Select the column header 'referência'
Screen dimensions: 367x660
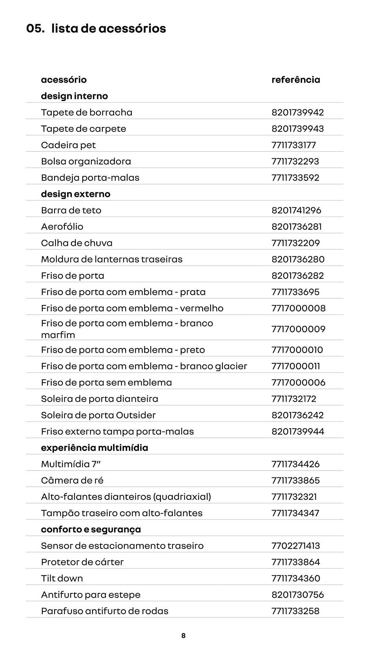tap(295, 80)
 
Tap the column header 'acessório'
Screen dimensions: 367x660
tap(64, 80)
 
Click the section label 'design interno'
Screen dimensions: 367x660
tap(74, 96)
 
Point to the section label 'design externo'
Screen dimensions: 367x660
tap(76, 194)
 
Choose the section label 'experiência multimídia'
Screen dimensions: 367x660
tap(94, 448)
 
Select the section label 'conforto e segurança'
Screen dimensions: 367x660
tap(91, 529)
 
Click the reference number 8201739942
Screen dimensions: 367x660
tap(297, 113)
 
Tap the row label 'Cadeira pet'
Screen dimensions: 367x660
tap(68, 145)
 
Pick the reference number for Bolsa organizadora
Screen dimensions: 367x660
tap(295, 161)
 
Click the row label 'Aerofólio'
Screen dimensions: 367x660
tap(62, 227)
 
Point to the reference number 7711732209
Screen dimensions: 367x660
tap(295, 243)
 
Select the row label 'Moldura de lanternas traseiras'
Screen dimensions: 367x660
tap(111, 259)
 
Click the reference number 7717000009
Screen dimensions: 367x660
tap(298, 329)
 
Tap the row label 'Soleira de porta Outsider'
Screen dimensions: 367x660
tap(98, 415)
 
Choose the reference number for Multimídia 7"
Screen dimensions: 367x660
tap(295, 464)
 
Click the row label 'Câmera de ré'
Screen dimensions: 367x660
tap(72, 480)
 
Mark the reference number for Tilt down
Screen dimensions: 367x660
tap(296, 578)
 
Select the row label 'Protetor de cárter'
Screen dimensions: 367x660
tap(82, 562)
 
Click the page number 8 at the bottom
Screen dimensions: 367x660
tap(184, 636)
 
